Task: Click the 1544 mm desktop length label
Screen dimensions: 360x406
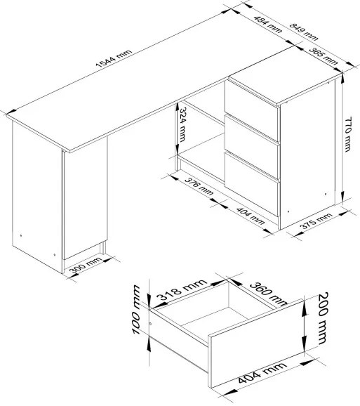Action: pyautogui.click(x=114, y=58)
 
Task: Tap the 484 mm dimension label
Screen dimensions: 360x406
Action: pyautogui.click(x=267, y=25)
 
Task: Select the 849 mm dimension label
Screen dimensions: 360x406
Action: pyautogui.click(x=303, y=32)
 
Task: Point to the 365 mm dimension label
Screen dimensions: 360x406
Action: pyautogui.click(x=324, y=56)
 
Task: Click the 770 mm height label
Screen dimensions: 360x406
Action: pyautogui.click(x=348, y=134)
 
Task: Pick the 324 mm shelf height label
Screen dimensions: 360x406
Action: pyautogui.click(x=182, y=125)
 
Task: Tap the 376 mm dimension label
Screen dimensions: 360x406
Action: pyautogui.click(x=199, y=186)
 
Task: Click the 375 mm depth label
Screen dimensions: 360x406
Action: pyautogui.click(x=316, y=221)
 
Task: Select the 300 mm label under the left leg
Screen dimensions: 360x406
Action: pyautogui.click(x=86, y=265)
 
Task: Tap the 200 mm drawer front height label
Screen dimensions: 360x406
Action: pyautogui.click(x=323, y=318)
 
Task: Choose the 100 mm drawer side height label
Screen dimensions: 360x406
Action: pyautogui.click(x=136, y=310)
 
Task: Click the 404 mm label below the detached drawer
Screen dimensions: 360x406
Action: pyautogui.click(x=262, y=373)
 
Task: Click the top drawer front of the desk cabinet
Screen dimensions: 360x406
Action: pyautogui.click(x=251, y=111)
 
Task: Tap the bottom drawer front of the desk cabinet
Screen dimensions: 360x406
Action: pyautogui.click(x=251, y=184)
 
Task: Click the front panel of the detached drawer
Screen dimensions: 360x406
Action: pyautogui.click(x=257, y=343)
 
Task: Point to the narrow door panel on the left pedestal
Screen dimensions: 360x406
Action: pyautogui.click(x=85, y=197)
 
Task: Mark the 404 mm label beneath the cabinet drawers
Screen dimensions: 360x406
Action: pyautogui.click(x=251, y=216)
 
